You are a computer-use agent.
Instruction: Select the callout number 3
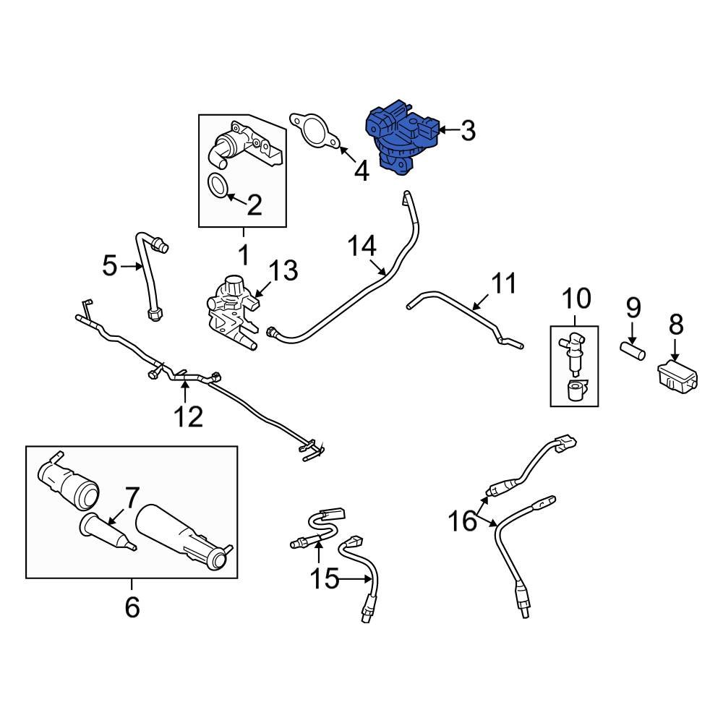point(468,131)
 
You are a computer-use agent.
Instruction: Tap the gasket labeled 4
point(314,133)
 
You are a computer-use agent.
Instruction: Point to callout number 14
point(362,247)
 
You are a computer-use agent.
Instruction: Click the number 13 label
point(283,271)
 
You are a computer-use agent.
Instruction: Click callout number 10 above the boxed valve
point(576,298)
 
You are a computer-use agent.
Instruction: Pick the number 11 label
point(505,283)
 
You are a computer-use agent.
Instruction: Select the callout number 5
point(109,266)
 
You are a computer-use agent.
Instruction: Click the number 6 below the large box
point(132,607)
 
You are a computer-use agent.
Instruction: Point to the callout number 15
point(326,578)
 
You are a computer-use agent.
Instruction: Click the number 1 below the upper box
point(244,254)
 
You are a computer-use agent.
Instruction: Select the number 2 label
point(254,206)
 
